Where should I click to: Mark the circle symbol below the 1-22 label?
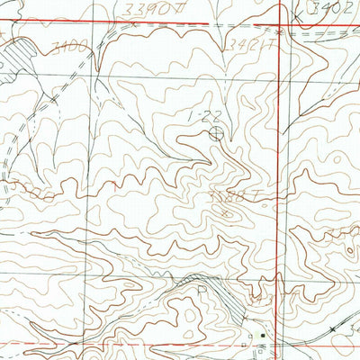point(216,133)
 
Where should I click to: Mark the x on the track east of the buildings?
point(332,330)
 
